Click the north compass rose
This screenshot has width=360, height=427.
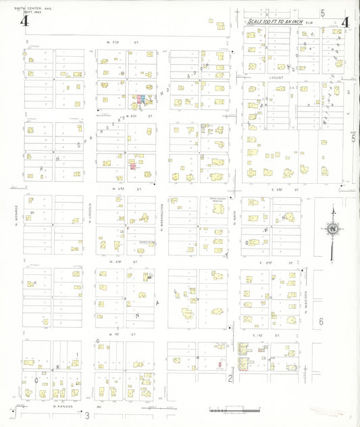[332, 230]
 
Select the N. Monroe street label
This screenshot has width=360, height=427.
[15, 218]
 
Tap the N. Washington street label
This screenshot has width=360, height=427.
[162, 218]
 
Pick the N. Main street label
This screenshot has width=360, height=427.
[235, 218]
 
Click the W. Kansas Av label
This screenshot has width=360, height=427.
[64, 408]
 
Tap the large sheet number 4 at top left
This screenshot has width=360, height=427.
[25, 21]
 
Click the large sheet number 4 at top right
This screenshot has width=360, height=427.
[347, 21]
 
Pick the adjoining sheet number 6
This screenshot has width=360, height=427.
[322, 322]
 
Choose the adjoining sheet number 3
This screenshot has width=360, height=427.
[86, 414]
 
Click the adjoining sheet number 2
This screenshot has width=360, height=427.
[230, 378]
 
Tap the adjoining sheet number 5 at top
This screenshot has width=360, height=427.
[323, 13]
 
